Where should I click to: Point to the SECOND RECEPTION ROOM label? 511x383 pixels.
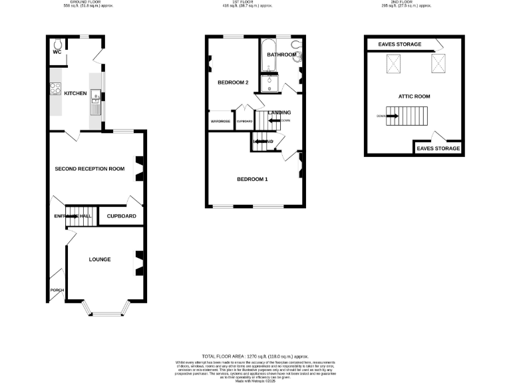click(x=90, y=169)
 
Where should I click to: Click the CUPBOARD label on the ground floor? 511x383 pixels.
click(x=121, y=217)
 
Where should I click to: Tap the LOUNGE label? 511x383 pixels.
click(x=100, y=259)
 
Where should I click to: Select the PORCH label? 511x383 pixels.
click(x=56, y=291)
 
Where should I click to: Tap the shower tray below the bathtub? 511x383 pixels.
click(x=269, y=84)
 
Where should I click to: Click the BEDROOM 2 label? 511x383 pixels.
click(x=233, y=83)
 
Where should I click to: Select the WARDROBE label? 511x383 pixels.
click(x=220, y=122)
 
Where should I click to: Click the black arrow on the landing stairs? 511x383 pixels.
click(x=273, y=120)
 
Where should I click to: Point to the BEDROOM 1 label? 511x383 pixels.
click(x=253, y=179)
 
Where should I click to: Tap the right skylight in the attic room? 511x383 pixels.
click(x=438, y=64)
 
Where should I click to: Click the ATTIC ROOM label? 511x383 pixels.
click(x=414, y=96)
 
